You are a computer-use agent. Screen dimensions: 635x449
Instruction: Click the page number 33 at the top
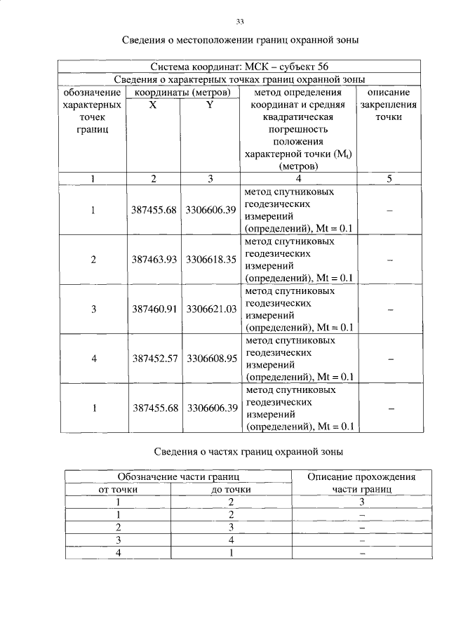coord(239,22)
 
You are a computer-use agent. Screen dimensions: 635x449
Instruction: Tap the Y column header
coord(209,105)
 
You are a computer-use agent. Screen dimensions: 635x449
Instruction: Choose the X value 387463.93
coord(154,260)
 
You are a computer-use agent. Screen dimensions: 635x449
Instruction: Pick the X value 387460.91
coord(154,309)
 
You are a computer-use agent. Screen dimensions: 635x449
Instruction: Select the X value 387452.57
coord(154,359)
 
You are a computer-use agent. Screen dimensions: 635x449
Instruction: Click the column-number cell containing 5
coord(389,179)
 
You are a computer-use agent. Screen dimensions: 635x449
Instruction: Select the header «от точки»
coord(118,489)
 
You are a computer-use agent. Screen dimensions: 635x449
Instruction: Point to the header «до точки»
coord(231,489)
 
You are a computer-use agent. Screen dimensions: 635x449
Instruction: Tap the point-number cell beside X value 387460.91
coord(93,309)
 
